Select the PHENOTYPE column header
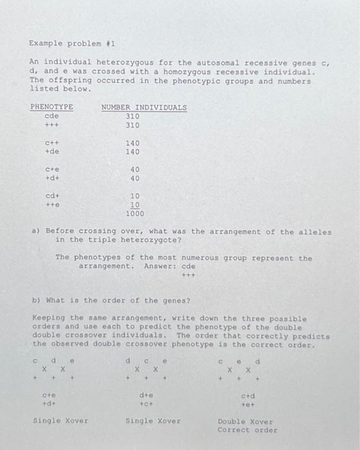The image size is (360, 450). coord(51,107)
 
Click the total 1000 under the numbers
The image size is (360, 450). coord(135,213)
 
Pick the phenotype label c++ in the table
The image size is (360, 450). coord(52,143)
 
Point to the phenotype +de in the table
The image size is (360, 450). coord(52,152)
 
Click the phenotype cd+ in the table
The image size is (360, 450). coord(52,196)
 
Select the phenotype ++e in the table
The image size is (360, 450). coord(52,205)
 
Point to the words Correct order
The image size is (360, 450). coord(248,430)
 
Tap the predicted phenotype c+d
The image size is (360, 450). coord(248,396)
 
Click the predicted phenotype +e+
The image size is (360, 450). coord(248,404)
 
